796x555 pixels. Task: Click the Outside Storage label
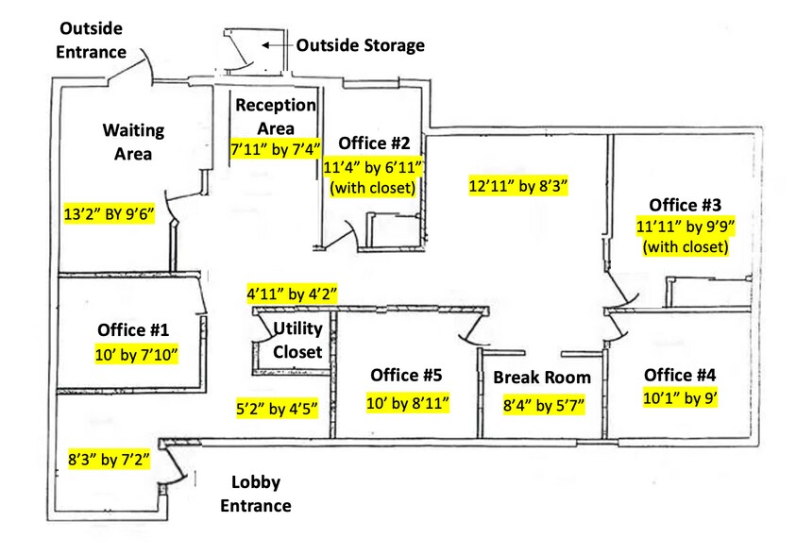click(361, 44)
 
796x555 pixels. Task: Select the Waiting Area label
click(134, 141)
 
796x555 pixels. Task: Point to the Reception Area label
click(277, 116)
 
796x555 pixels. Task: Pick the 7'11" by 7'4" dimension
click(277, 148)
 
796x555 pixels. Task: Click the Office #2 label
click(375, 143)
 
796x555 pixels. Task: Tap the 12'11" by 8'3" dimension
click(518, 186)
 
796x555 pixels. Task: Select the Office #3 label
click(685, 204)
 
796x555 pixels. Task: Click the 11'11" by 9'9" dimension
click(686, 227)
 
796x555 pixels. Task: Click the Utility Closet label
click(297, 340)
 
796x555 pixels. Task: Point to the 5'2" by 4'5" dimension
click(277, 409)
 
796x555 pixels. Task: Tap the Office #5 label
click(406, 375)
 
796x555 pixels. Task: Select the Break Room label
click(542, 378)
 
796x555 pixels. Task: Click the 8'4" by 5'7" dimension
click(544, 407)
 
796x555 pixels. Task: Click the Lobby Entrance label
click(255, 494)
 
